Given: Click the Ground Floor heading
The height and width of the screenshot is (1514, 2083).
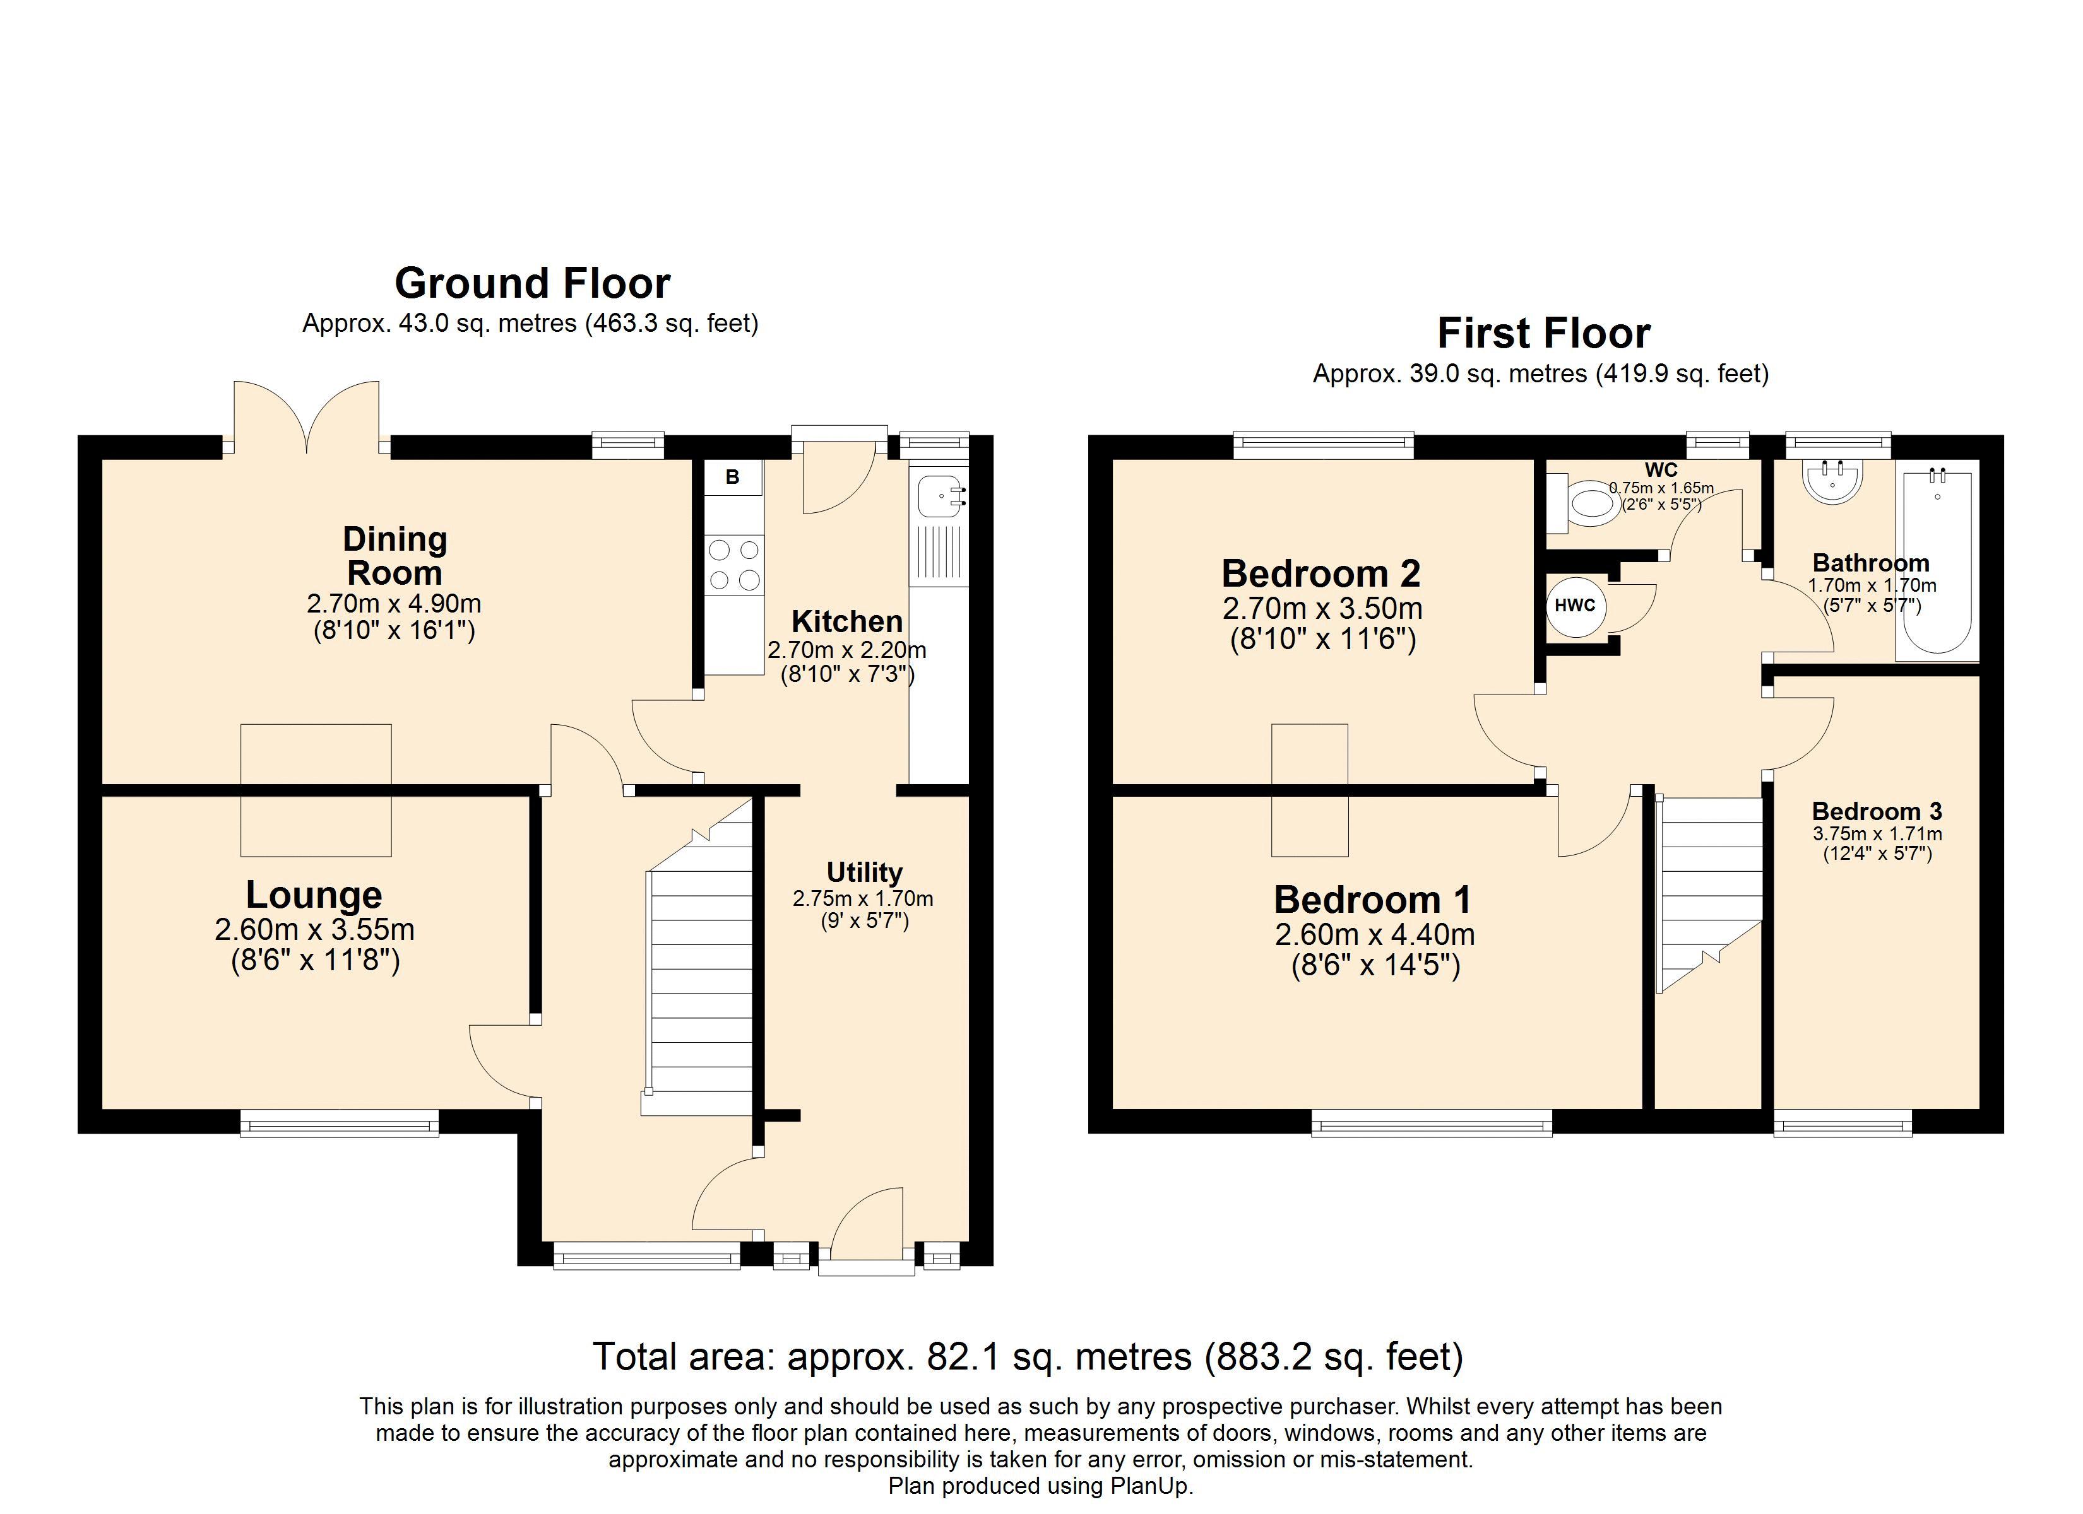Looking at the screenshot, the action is click(533, 284).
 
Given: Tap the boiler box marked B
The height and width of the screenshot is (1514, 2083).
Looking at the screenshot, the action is click(733, 478).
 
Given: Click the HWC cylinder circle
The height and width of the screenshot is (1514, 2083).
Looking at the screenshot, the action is click(1575, 606).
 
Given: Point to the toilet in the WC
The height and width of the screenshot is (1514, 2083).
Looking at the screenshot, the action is click(1583, 503).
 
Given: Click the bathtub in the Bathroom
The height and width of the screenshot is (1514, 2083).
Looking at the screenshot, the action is click(1937, 563).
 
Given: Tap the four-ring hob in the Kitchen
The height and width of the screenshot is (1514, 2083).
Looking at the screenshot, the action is click(735, 565).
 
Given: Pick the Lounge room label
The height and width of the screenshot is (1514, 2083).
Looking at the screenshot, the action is click(314, 895).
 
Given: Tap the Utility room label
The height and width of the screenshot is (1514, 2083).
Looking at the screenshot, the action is click(864, 872).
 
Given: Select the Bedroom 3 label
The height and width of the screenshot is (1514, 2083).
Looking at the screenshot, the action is click(1877, 812).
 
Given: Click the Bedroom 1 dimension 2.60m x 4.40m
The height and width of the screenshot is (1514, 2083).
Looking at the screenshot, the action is click(1375, 935).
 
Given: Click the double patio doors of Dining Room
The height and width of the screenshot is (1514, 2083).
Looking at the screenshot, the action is click(307, 418).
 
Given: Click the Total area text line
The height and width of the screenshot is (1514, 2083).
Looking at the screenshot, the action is click(1028, 1357).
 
